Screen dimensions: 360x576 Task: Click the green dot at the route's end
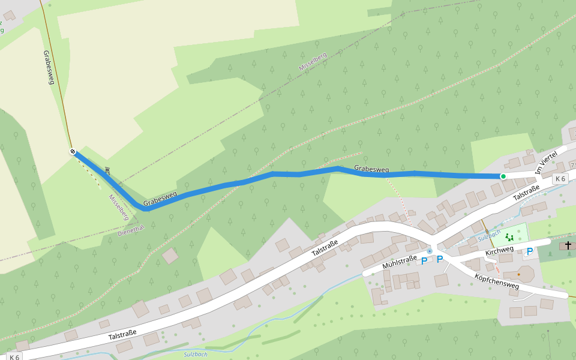point(503,176)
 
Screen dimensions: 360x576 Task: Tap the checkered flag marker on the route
point(73,152)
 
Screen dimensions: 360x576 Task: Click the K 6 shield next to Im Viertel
point(560,179)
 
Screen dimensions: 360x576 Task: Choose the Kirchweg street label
point(499,249)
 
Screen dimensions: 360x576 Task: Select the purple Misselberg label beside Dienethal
point(119,206)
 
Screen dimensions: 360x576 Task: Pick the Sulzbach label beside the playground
point(489,235)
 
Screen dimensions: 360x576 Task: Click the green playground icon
point(509,237)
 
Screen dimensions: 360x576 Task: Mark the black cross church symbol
point(568,245)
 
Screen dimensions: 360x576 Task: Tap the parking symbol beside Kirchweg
point(530,251)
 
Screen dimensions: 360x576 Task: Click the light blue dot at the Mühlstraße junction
point(430,251)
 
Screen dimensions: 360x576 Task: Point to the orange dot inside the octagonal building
point(519,274)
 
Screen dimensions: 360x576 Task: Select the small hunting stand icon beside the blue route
point(107,170)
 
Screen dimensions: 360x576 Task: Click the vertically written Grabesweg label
point(49,67)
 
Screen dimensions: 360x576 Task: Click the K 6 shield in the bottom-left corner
point(14,357)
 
